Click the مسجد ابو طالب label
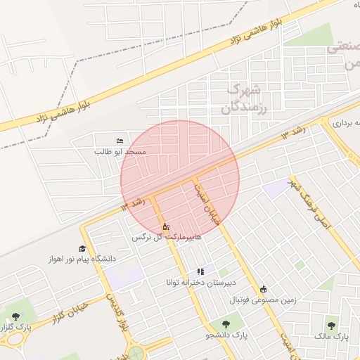(121, 151)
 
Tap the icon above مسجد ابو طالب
(118, 141)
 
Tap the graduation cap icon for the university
(82, 249)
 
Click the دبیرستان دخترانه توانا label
(200, 283)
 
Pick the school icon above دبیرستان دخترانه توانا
(200, 271)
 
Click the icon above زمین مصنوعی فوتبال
(264, 289)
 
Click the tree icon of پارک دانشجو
(226, 325)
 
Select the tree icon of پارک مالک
(331, 325)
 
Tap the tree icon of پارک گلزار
(15, 317)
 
